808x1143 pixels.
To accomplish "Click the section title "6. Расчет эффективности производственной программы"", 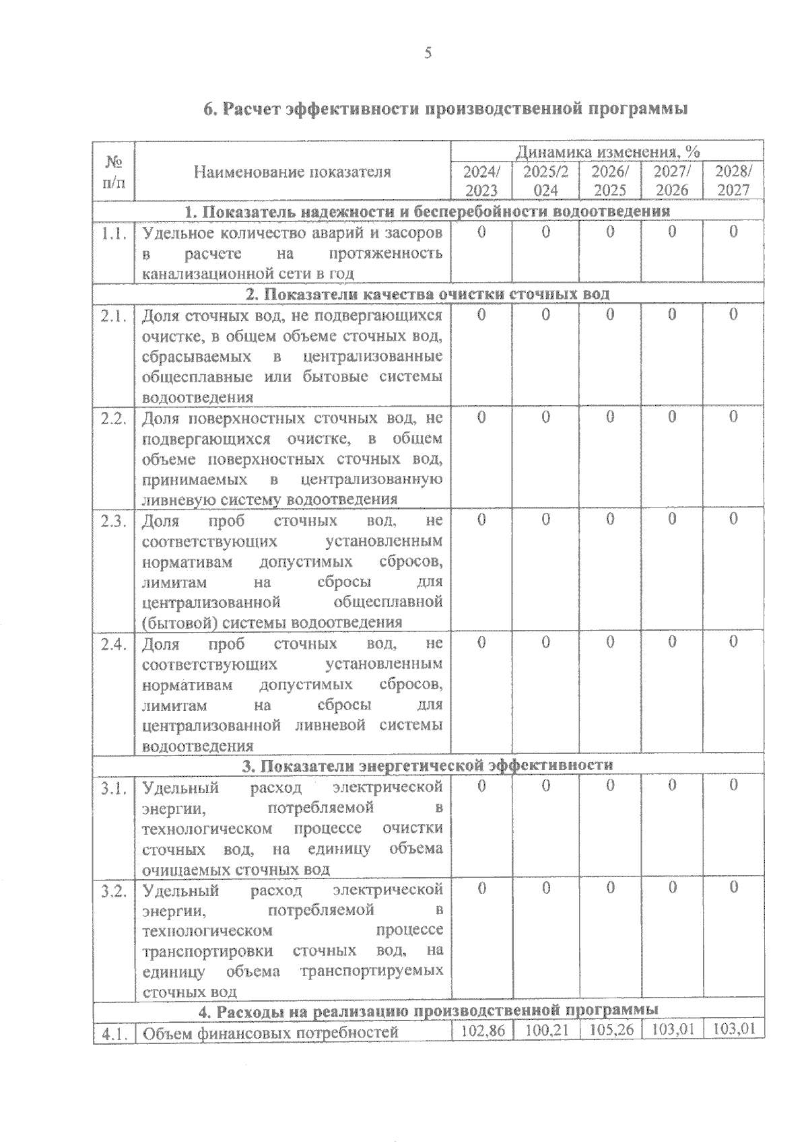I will pyautogui.click(x=445, y=109).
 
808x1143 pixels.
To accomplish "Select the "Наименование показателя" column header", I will pyautogui.click(x=292, y=172).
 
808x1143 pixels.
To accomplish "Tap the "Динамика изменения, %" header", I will pyautogui.click(x=608, y=151).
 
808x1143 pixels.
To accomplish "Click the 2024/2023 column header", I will pyautogui.click(x=481, y=180).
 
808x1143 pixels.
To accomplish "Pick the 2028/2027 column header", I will pyautogui.click(x=733, y=180).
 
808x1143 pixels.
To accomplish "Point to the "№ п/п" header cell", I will pyautogui.click(x=114, y=172).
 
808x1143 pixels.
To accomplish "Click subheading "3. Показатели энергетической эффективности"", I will pyautogui.click(x=428, y=765).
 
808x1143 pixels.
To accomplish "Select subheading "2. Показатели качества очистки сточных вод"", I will pyautogui.click(x=428, y=294).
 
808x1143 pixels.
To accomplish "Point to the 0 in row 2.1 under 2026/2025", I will pyautogui.click(x=610, y=314).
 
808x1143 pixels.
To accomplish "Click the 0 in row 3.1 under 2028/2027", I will pyautogui.click(x=733, y=786).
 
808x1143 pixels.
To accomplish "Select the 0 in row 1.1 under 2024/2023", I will pyautogui.click(x=481, y=232).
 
